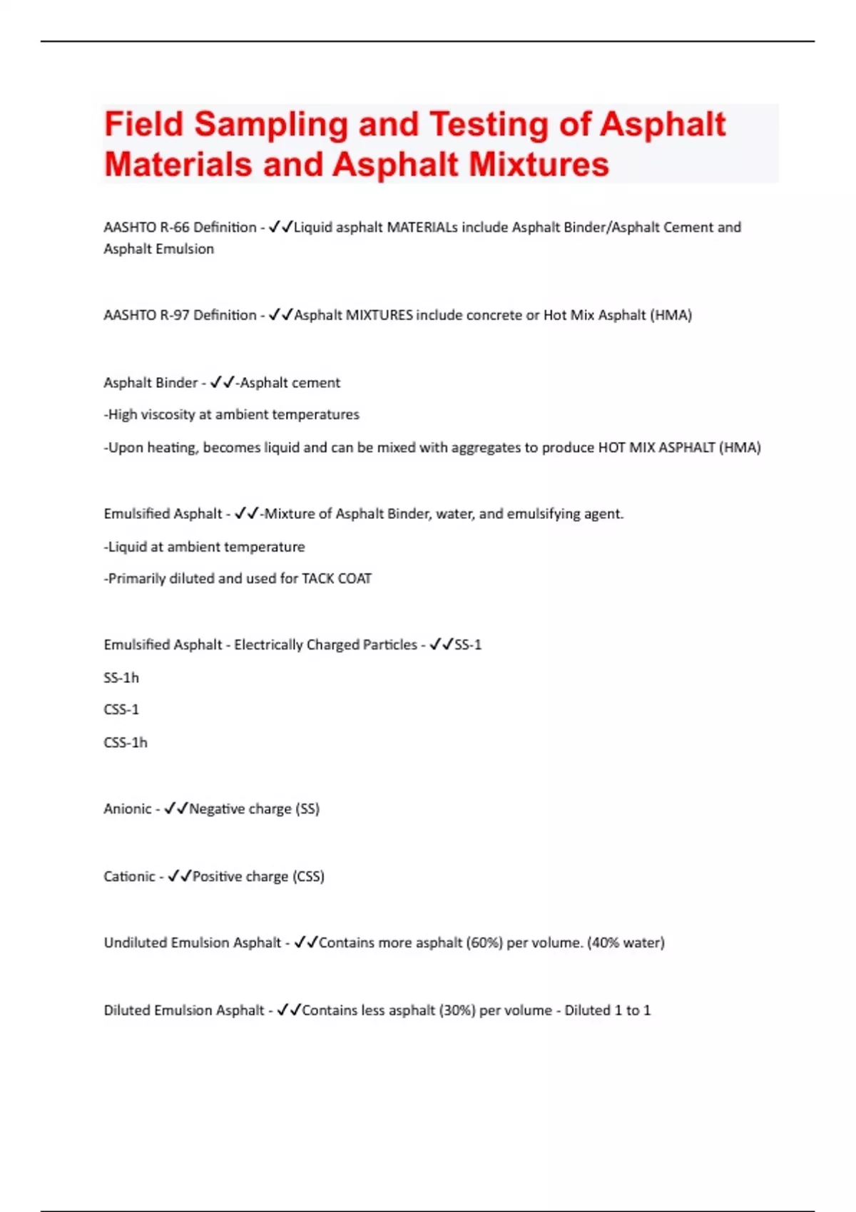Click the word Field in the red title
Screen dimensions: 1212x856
pos(144,124)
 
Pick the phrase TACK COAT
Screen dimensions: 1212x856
pos(337,578)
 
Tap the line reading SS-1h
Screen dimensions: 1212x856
pos(121,677)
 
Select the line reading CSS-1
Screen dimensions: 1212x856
pos(121,709)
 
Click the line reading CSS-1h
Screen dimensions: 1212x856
pos(126,742)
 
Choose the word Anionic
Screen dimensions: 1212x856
pos(128,808)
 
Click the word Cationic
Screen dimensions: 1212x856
pos(129,876)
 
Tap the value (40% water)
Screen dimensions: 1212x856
pos(626,943)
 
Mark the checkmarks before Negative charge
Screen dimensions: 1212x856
pos(175,808)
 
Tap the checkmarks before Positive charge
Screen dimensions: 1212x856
pos(179,876)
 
